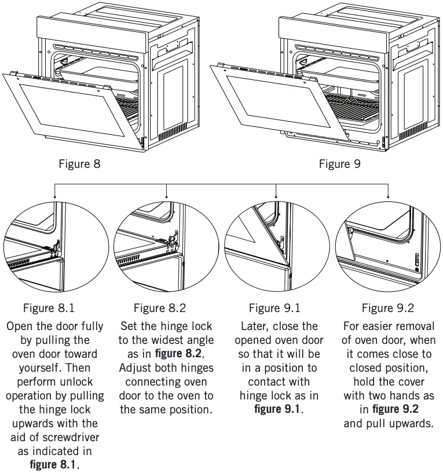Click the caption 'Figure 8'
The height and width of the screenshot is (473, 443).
79,164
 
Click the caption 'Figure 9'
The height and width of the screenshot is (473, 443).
339,164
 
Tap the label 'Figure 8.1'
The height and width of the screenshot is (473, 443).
49,308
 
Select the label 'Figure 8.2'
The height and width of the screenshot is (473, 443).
159,308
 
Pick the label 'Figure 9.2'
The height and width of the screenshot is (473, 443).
388,308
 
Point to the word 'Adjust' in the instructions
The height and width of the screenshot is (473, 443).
136,368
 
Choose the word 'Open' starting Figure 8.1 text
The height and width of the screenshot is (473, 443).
19,326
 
